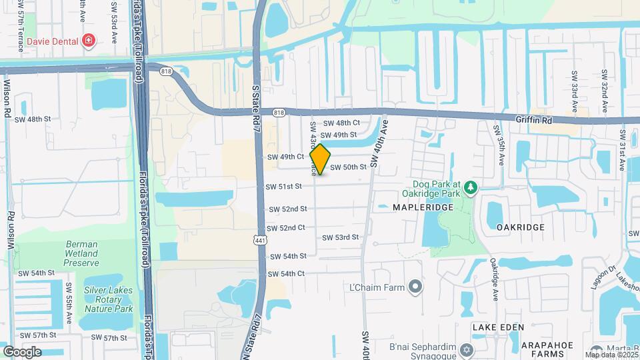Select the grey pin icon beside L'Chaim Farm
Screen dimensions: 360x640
pyautogui.click(x=415, y=287)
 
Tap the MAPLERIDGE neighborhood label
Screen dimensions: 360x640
pyautogui.click(x=423, y=207)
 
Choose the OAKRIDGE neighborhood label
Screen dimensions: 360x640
pyautogui.click(x=520, y=227)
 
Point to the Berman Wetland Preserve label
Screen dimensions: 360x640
pyautogui.click(x=81, y=253)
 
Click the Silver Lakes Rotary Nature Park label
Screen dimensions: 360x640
pyautogui.click(x=108, y=299)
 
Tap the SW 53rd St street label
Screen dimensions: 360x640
pyautogui.click(x=340, y=237)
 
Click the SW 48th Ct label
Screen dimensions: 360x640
pyautogui.click(x=341, y=123)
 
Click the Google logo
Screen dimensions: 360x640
pyautogui.click(x=22, y=351)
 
